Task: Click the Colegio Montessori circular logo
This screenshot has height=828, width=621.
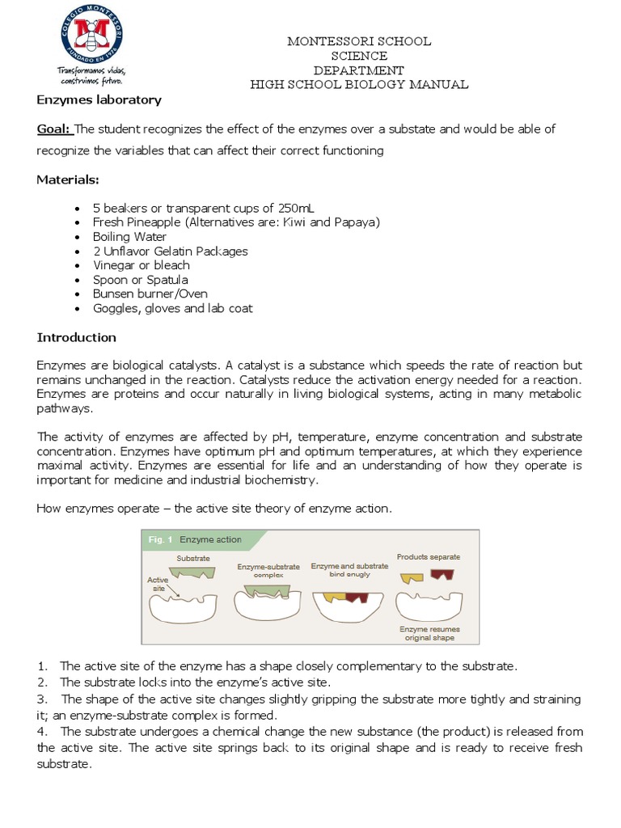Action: tap(89, 38)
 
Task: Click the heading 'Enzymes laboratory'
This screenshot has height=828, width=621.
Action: tap(99, 100)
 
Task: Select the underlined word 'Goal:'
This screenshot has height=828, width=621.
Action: tap(54, 129)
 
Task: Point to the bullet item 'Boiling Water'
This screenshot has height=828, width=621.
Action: tap(129, 237)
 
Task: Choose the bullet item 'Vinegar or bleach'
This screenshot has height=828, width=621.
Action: tap(141, 265)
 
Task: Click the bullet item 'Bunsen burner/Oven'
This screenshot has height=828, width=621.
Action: tap(150, 294)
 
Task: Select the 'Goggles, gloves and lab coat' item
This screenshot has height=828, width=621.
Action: tap(172, 308)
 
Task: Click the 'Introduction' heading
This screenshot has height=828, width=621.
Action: tap(76, 337)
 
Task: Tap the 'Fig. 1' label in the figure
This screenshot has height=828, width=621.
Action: tap(159, 539)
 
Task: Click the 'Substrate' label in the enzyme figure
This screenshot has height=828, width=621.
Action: tap(192, 558)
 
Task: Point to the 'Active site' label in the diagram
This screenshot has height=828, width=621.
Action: tap(158, 584)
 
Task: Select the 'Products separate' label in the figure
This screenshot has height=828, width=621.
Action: tap(428, 556)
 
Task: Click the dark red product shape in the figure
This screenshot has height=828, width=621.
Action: tap(441, 577)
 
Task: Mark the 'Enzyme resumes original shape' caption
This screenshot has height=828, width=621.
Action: tap(429, 633)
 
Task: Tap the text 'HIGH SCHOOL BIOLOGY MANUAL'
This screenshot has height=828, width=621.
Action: tap(359, 85)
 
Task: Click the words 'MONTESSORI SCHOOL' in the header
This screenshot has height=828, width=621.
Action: tap(359, 41)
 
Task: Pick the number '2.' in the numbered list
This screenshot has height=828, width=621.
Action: tap(43, 682)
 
